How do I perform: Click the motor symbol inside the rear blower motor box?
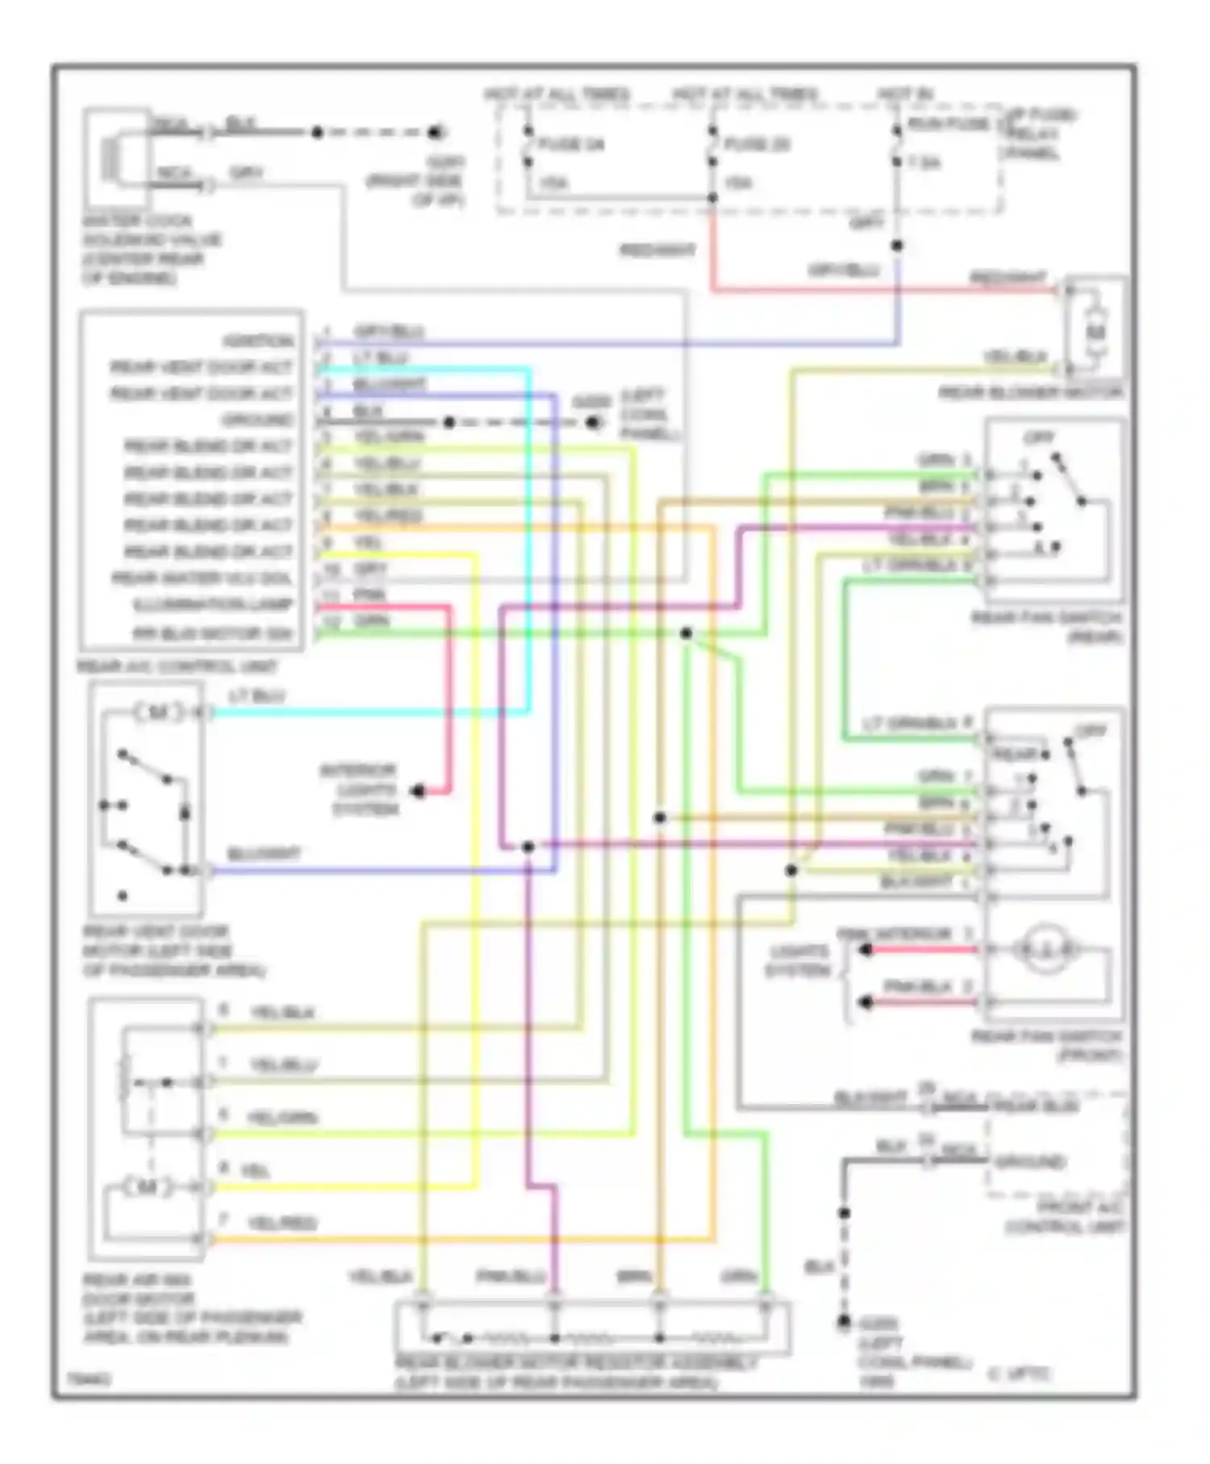tap(1095, 332)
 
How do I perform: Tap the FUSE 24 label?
tap(571, 145)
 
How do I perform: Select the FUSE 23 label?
tap(757, 145)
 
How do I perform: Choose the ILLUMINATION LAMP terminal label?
tap(213, 605)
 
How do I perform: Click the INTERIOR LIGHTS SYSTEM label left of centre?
tap(359, 789)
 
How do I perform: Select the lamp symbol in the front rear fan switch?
tap(1045, 950)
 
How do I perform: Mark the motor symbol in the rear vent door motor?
tap(157, 713)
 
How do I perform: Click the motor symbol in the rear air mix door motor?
tap(147, 1187)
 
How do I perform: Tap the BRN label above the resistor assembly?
tap(633, 1277)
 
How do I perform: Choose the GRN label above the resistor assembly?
tap(737, 1277)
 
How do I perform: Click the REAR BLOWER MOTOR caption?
tap(1030, 393)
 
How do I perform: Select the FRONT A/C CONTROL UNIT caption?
tap(1064, 1218)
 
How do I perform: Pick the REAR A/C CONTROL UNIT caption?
tap(177, 667)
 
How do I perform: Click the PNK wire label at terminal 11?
tap(371, 596)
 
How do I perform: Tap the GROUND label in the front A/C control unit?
tap(1030, 1162)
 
